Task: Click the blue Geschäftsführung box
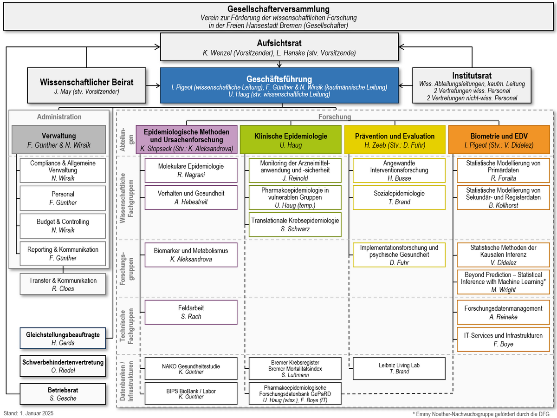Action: click(x=279, y=85)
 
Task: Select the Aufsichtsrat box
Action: click(x=279, y=47)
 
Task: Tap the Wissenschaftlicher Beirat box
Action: click(x=86, y=85)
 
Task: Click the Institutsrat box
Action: click(x=472, y=85)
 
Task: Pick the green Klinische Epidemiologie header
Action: click(x=291, y=140)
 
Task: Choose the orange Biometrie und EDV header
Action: click(x=499, y=140)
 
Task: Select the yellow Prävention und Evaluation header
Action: click(x=395, y=140)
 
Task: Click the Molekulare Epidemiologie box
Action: click(x=191, y=170)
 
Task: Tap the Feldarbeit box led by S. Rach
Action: click(x=191, y=312)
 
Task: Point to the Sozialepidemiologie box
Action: click(x=399, y=197)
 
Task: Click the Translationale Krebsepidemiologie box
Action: click(x=295, y=225)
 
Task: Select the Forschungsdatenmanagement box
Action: click(x=503, y=312)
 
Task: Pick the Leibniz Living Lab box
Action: click(x=399, y=368)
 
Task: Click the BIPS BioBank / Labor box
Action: click(x=191, y=393)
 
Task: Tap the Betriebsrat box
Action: click(x=63, y=394)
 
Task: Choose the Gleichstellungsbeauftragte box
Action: click(x=63, y=338)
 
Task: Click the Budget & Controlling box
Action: click(x=63, y=226)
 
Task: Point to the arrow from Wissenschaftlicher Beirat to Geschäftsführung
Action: click(x=153, y=85)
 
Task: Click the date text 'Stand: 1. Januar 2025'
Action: click(x=28, y=413)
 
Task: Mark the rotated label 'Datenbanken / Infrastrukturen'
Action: click(x=127, y=381)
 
